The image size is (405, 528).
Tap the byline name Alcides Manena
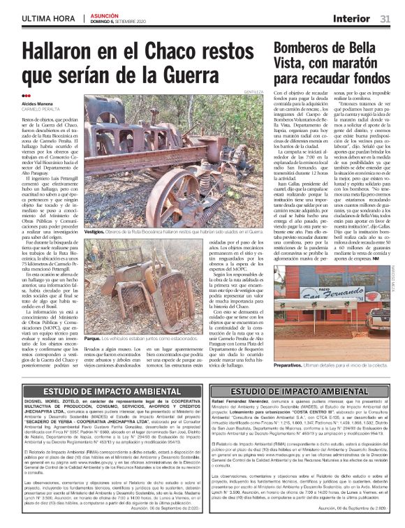(x=39, y=103)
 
